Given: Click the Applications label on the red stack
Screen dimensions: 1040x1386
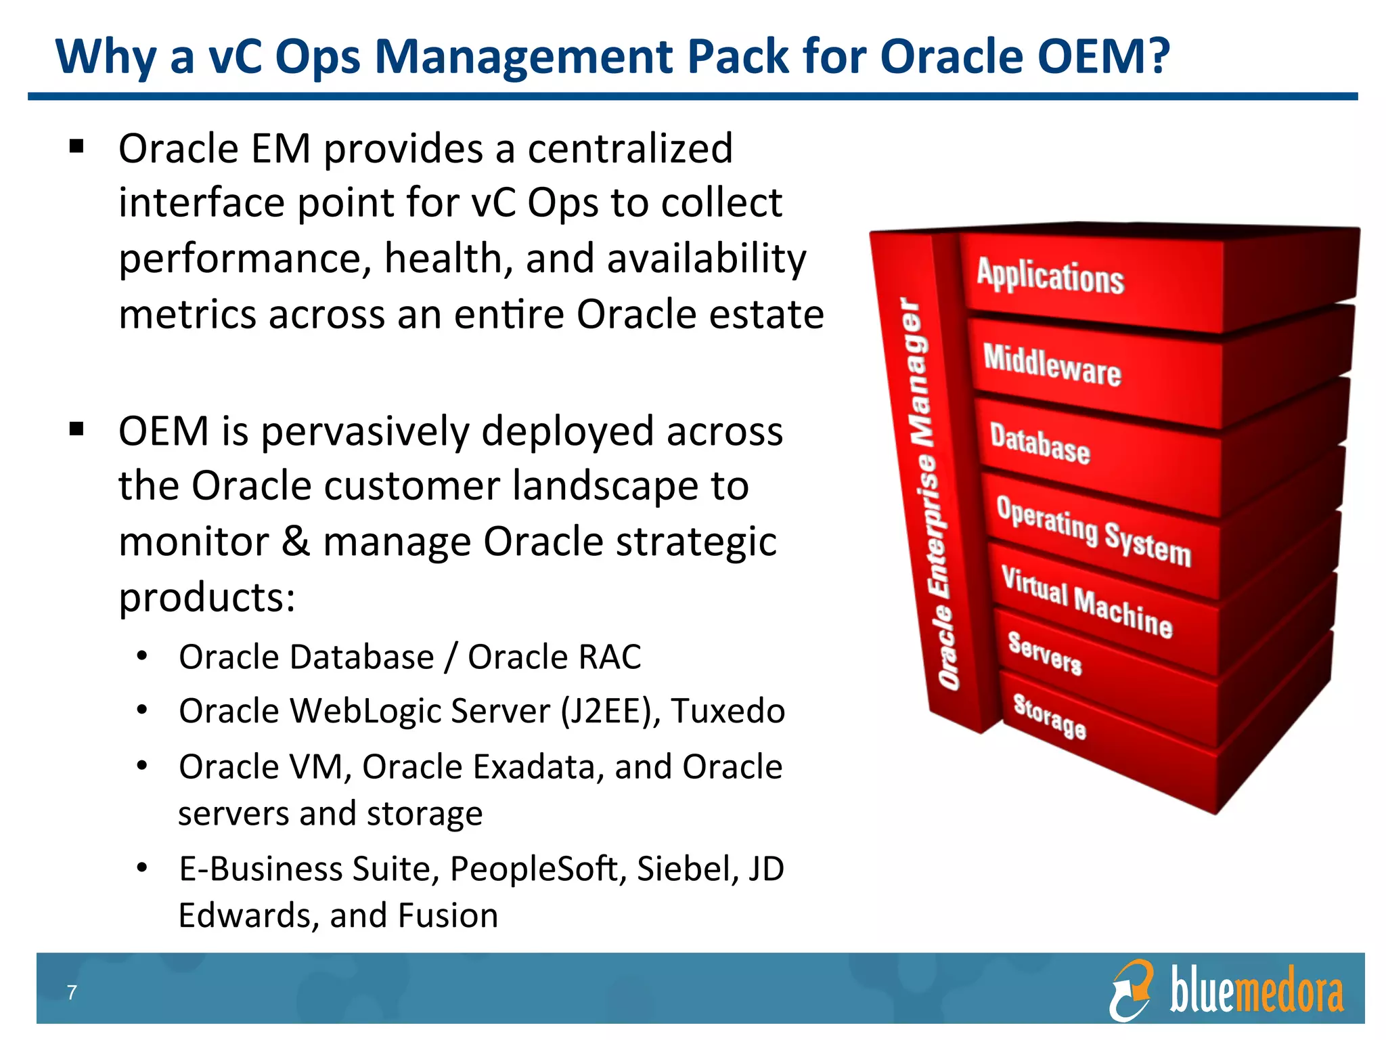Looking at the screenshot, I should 1050,276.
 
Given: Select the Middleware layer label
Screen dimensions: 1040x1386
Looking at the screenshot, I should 1052,366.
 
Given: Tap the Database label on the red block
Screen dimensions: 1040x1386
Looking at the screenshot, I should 1039,444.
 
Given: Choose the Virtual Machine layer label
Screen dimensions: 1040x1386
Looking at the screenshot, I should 1086,602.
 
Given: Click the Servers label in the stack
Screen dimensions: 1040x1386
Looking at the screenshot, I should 1044,653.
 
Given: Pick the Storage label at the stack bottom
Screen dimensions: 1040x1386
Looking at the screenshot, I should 1049,716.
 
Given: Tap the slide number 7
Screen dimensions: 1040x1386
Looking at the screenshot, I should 72,993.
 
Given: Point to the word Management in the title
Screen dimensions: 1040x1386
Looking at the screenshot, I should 525,57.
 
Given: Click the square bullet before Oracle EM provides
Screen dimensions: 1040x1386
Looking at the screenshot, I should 76,147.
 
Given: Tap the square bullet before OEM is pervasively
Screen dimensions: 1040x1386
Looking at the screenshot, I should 76,429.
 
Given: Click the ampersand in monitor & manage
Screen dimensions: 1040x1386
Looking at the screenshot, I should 295,542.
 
